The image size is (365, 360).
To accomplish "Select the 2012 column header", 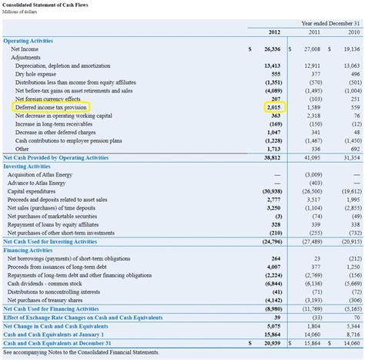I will click(x=274, y=32).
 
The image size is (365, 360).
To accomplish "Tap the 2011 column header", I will click(x=315, y=32).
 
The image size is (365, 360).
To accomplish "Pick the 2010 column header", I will click(x=353, y=32).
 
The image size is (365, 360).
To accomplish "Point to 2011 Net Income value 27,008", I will click(x=311, y=49).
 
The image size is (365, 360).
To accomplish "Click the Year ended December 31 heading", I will click(x=331, y=23).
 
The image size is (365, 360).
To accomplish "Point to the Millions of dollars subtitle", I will click(x=23, y=14).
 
